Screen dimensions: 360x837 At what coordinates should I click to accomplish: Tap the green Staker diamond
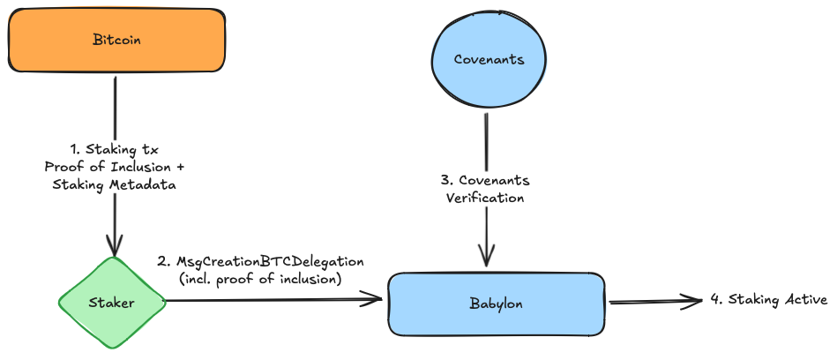pyautogui.click(x=112, y=303)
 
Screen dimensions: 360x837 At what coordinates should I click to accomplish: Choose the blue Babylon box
pyautogui.click(x=496, y=304)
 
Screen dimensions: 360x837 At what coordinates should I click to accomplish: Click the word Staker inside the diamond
pyautogui.click(x=112, y=303)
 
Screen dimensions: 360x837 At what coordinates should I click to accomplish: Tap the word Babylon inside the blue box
pyautogui.click(x=496, y=304)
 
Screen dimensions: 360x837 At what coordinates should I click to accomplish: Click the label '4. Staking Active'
pyautogui.click(x=768, y=300)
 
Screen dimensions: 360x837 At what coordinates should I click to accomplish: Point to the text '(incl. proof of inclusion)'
pyautogui.click(x=259, y=280)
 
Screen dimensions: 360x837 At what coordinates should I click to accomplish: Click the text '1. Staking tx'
pyautogui.click(x=114, y=150)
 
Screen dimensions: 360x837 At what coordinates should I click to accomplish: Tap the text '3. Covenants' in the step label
pyautogui.click(x=485, y=180)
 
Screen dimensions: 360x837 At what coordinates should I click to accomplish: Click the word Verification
pyautogui.click(x=485, y=198)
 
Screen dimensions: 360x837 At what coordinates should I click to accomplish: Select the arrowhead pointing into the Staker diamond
pyautogui.click(x=115, y=248)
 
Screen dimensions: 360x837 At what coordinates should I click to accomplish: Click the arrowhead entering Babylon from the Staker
pyautogui.click(x=376, y=300)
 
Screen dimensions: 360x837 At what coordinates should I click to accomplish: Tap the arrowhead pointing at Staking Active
pyautogui.click(x=697, y=301)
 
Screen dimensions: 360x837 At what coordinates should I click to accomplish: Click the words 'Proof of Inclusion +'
pyautogui.click(x=114, y=167)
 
